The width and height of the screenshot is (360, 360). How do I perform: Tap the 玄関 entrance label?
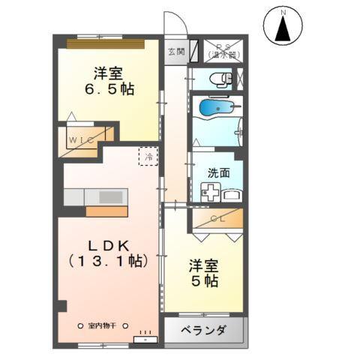[x=175, y=52]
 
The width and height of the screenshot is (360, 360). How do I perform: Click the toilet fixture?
[x=218, y=77]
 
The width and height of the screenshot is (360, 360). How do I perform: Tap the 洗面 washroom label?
[x=218, y=172]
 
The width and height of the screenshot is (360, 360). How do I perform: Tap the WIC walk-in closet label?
[x=81, y=139]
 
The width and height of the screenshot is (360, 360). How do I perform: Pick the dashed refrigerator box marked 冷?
[x=148, y=157]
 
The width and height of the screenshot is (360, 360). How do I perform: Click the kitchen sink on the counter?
[x=109, y=196]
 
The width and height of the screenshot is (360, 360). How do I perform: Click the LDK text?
[x=101, y=245]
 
